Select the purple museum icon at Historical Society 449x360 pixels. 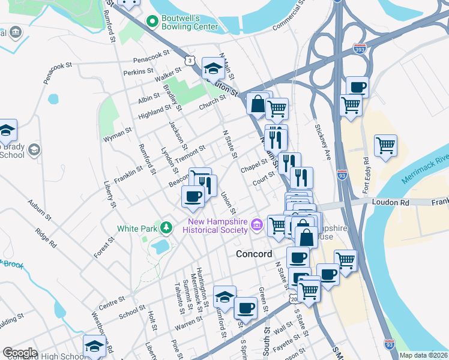[258, 225]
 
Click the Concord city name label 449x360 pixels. [255, 253]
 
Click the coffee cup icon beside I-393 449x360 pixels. [357, 86]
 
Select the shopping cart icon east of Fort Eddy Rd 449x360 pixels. [385, 144]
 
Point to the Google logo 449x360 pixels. [20, 353]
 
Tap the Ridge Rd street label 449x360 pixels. [45, 237]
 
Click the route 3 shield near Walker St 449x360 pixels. [190, 61]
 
